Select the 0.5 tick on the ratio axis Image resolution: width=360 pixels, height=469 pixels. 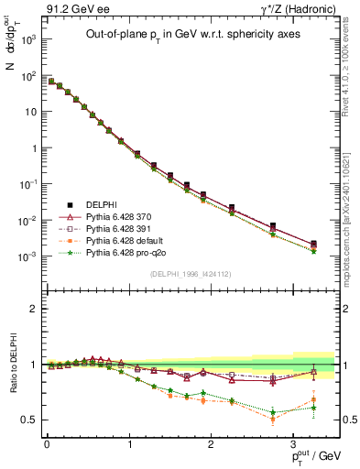(x=30, y=420)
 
